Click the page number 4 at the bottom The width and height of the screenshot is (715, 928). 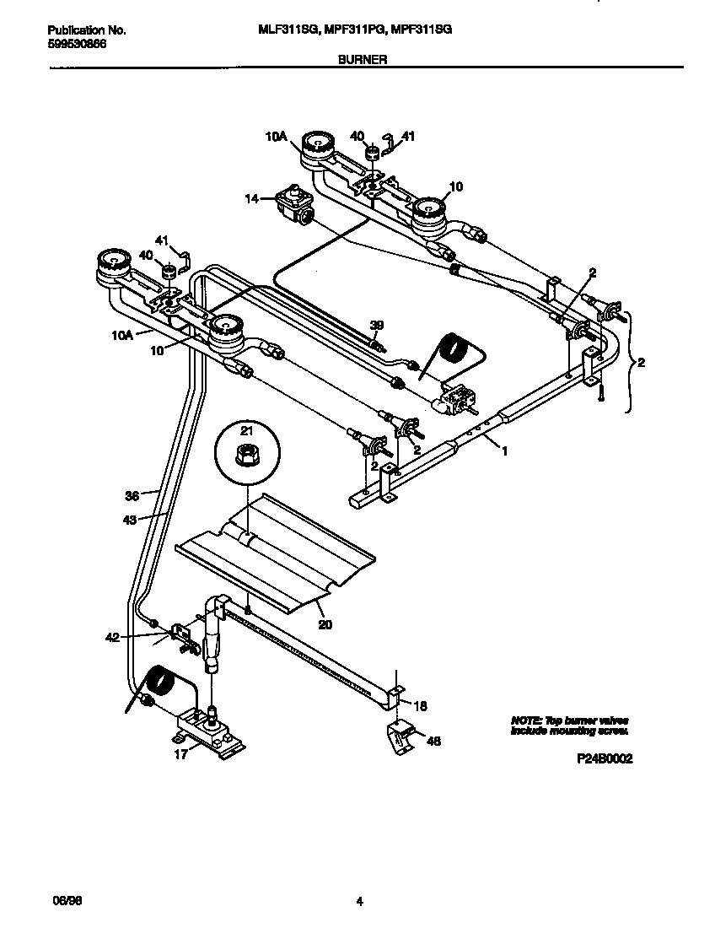coord(359,902)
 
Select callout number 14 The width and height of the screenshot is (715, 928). coord(250,199)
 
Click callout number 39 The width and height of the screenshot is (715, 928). coord(377,324)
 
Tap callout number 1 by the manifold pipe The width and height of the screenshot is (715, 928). coord(504,451)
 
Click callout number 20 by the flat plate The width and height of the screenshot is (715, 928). coord(325,624)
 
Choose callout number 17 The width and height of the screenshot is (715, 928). coord(180,755)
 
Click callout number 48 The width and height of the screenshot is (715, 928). coord(433,742)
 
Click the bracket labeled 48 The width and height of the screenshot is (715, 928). coord(401,736)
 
